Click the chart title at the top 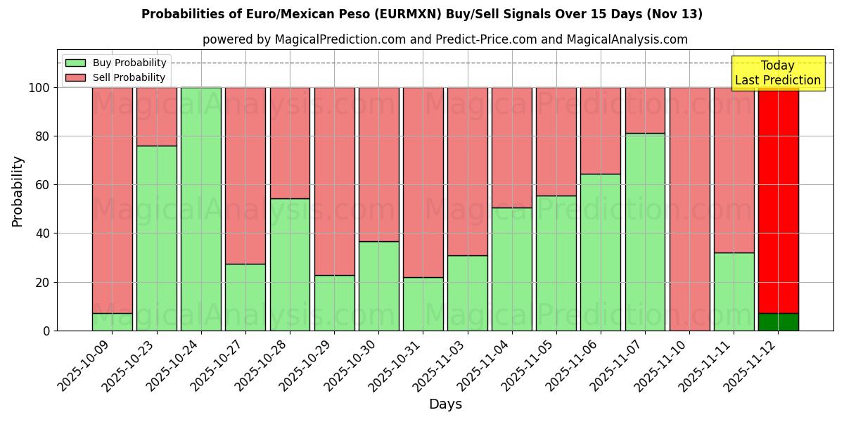[x=422, y=14]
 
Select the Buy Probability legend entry [x=129, y=63]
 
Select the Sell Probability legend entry [x=129, y=77]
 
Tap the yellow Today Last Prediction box [x=778, y=73]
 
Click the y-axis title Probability [x=18, y=191]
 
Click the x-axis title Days [x=445, y=404]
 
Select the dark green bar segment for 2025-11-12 [x=778, y=321]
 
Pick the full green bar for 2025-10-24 [x=201, y=209]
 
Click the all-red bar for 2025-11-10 [x=689, y=209]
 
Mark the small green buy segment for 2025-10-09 [x=113, y=321]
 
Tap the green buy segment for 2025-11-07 [x=645, y=232]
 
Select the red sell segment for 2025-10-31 [x=423, y=182]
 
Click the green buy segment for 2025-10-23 [x=157, y=238]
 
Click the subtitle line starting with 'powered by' [x=445, y=39]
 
